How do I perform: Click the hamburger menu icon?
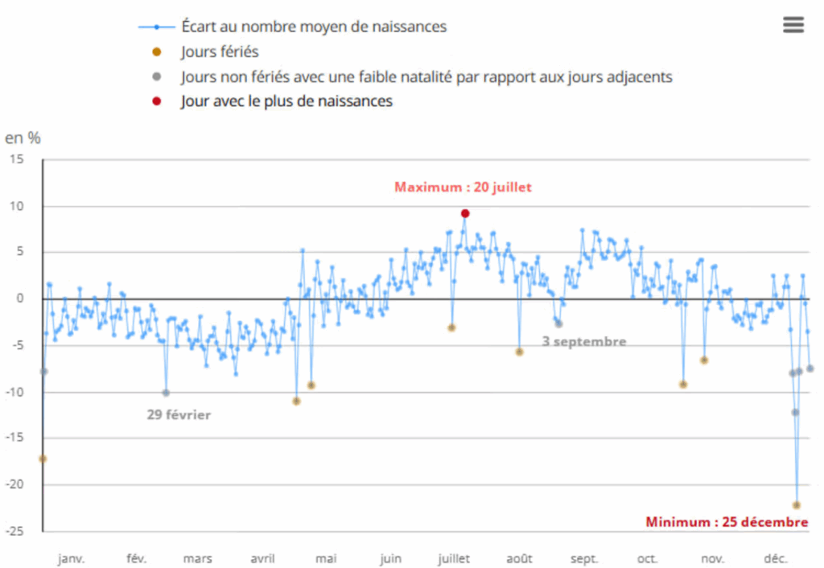[793, 25]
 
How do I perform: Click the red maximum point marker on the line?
[465, 213]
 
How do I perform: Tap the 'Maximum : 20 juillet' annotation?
[463, 187]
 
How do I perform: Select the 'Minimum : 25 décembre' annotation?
[726, 522]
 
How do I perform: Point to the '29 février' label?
[179, 415]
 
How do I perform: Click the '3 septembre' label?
[583, 341]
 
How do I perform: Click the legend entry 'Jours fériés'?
[220, 52]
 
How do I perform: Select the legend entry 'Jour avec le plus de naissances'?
[286, 101]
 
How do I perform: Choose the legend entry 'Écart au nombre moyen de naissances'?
[314, 27]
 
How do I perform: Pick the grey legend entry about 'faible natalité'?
[426, 77]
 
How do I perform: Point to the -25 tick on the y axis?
[27, 532]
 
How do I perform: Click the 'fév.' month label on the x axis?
[137, 559]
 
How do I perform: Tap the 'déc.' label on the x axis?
[775, 559]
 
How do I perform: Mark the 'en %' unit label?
[23, 137]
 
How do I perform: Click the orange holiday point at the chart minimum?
[797, 505]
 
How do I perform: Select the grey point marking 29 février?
[166, 393]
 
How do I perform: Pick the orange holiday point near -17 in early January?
[43, 459]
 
